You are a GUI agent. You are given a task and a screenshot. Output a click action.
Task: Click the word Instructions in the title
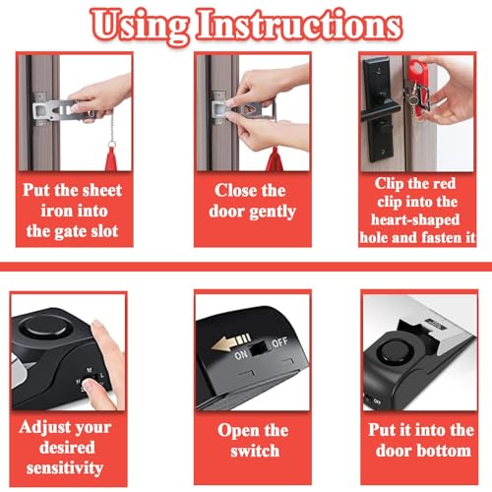point(299,25)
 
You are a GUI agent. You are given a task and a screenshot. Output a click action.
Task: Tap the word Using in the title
point(140,27)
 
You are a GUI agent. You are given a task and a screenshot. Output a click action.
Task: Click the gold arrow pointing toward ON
point(231,342)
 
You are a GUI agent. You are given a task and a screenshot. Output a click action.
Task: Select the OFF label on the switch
point(279,342)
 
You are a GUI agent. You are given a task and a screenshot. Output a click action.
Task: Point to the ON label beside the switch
point(241,354)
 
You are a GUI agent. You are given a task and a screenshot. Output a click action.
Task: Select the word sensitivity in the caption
point(65,468)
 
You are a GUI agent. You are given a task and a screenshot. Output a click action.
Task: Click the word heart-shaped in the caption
point(415,220)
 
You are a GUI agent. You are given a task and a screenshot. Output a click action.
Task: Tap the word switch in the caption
point(255,451)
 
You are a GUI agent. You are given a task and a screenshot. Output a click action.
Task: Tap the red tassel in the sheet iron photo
point(111,159)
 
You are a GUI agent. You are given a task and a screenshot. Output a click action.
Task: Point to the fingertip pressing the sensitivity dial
point(88,385)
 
